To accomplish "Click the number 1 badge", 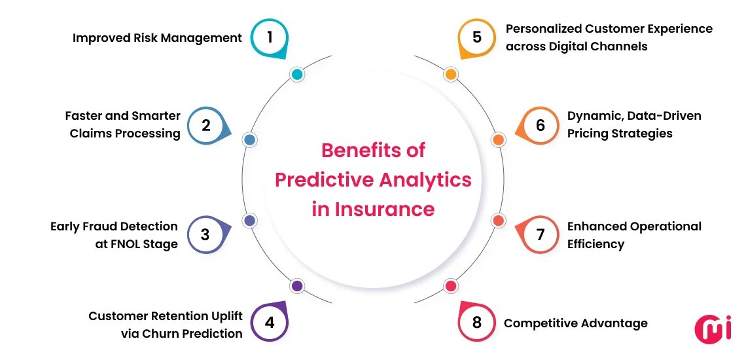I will pyautogui.click(x=269, y=37).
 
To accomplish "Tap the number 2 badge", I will pyautogui.click(x=206, y=124).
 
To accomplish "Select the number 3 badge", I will pyautogui.click(x=205, y=234).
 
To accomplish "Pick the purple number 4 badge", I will pyautogui.click(x=269, y=322).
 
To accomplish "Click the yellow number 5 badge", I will pyautogui.click(x=476, y=37).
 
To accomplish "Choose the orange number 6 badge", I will pyautogui.click(x=540, y=124).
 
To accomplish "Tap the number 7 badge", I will pyautogui.click(x=540, y=234).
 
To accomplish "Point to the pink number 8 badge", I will pyautogui.click(x=476, y=322).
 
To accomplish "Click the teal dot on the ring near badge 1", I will pyautogui.click(x=296, y=75).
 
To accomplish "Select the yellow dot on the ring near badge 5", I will pyautogui.click(x=450, y=75).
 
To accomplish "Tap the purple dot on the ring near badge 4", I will pyautogui.click(x=296, y=285).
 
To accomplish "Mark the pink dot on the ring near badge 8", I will pyautogui.click(x=450, y=285).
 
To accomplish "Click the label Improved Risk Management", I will pyautogui.click(x=157, y=37).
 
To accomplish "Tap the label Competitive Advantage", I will pyautogui.click(x=575, y=323).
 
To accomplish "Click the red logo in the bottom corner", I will pyautogui.click(x=713, y=328).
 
